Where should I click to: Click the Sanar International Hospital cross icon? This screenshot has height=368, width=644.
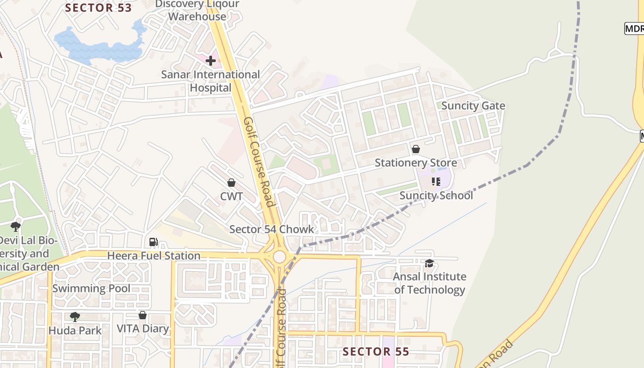211,60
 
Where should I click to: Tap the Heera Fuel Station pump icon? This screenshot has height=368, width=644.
153,241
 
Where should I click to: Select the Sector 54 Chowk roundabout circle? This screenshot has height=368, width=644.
279,257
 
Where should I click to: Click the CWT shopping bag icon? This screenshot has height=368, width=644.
231,183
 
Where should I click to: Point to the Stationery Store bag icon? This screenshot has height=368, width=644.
415,149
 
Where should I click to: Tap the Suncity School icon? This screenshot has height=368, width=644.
436,182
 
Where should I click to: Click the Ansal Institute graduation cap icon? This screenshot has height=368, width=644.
429,263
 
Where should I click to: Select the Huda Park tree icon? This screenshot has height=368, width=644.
75,316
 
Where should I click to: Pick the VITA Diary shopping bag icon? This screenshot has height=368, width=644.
143,315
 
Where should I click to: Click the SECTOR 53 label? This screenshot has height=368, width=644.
98,8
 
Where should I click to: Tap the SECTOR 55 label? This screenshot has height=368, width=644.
376,352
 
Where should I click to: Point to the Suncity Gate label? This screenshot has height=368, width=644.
473,106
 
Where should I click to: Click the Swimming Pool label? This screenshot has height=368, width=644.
91,288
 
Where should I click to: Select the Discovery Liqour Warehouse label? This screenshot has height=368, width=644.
197,11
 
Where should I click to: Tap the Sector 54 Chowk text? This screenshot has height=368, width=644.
271,229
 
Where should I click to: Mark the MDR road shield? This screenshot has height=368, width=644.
634,29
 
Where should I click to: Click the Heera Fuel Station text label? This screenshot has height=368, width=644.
154,256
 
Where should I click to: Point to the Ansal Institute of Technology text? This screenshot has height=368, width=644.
430,283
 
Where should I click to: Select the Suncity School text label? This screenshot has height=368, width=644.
436,195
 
